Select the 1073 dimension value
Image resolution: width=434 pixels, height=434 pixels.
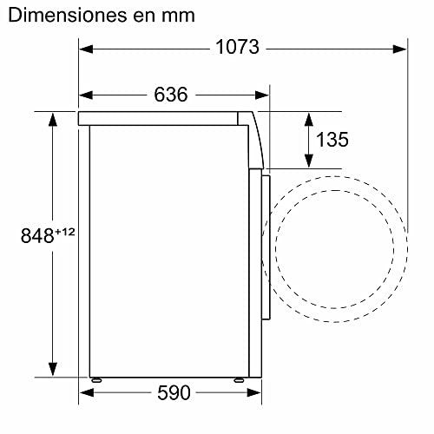tap(237, 48)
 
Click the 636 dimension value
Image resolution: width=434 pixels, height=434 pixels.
tap(170, 95)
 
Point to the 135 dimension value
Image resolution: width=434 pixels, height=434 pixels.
tap(333, 140)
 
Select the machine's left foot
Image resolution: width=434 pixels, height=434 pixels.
tap(95, 379)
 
